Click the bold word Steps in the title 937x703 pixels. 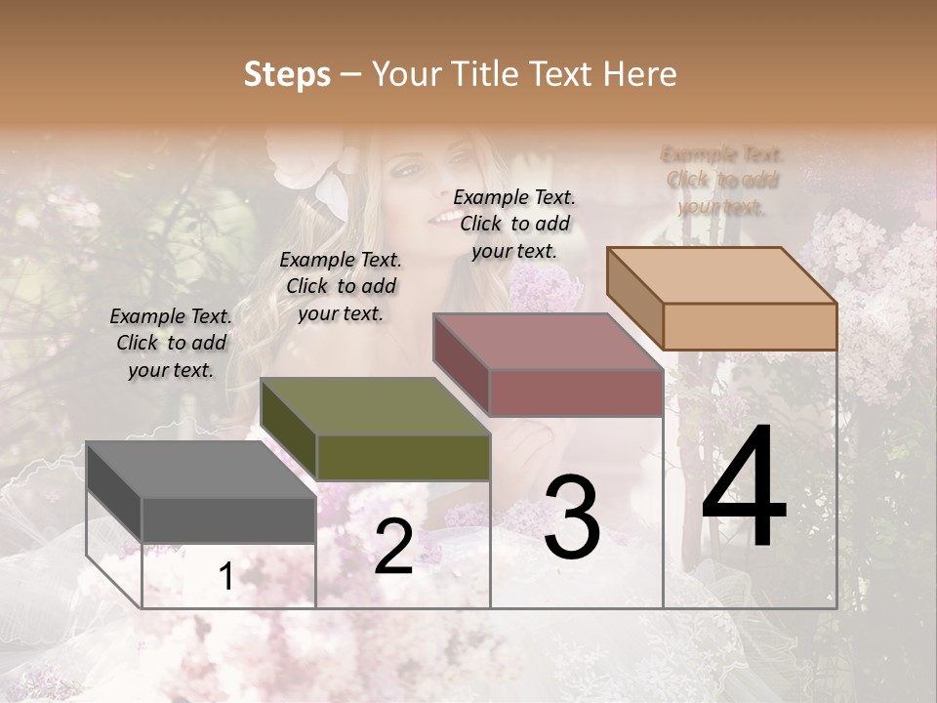287,74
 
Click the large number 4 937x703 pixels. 744,489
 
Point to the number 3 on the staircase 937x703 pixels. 571,517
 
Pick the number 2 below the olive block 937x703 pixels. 393,547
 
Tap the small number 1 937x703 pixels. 226,577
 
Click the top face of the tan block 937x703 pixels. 720,275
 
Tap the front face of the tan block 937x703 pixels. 750,326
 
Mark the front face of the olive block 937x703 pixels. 403,457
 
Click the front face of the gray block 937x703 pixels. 228,519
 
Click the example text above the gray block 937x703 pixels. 171,343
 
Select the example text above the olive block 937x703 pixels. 341,286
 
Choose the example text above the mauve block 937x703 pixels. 514,224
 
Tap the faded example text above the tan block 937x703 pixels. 722,181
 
